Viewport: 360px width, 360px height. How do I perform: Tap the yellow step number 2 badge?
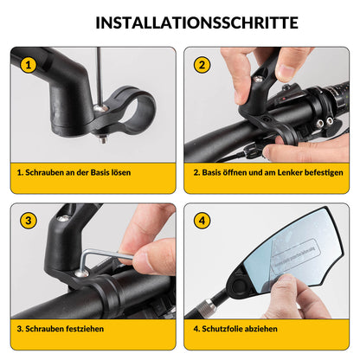click(x=202, y=65)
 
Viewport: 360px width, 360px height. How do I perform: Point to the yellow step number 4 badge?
click(x=202, y=221)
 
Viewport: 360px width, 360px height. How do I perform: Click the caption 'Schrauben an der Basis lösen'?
click(x=74, y=172)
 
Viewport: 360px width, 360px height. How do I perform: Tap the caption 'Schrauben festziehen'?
click(x=61, y=329)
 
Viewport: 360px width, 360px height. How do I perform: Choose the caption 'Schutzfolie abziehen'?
click(x=236, y=329)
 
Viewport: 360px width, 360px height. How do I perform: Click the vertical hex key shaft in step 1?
click(x=98, y=74)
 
